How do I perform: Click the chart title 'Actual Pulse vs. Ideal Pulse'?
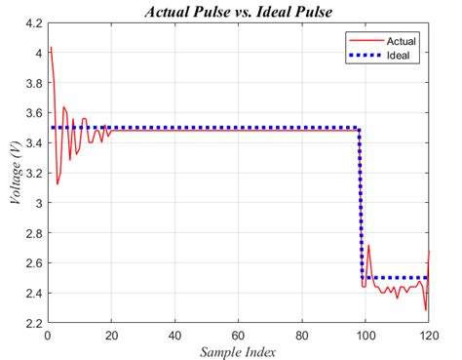[x=238, y=13]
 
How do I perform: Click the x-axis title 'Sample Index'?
[x=238, y=350]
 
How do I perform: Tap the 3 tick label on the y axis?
[x=36, y=204]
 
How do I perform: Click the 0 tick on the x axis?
[x=48, y=334]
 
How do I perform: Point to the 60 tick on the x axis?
[x=238, y=334]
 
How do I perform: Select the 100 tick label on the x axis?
[x=366, y=334]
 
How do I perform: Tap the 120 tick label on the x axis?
[x=428, y=334]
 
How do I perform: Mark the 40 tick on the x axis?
[x=174, y=334]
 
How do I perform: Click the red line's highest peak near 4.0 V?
[x=51, y=47]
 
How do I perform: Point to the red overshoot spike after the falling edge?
[x=368, y=245]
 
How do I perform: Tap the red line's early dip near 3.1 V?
[x=57, y=183]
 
